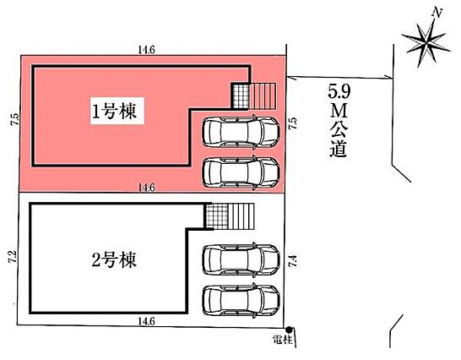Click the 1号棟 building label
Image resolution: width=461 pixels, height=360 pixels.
click(x=114, y=112)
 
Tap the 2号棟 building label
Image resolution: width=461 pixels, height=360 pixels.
click(x=114, y=260)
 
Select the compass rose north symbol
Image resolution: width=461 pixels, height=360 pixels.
click(x=426, y=41)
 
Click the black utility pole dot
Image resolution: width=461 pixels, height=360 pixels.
click(x=290, y=330)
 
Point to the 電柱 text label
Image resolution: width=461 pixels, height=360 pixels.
click(x=283, y=340)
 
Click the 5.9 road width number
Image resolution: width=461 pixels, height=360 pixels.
click(x=339, y=92)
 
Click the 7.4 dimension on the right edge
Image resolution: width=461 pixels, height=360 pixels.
click(x=293, y=261)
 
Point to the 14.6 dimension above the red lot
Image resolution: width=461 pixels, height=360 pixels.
click(x=146, y=50)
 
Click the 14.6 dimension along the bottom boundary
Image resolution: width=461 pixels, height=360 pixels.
click(x=146, y=321)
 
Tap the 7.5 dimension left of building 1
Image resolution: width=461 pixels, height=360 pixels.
click(x=15, y=119)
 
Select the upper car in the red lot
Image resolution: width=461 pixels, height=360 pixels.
click(x=241, y=132)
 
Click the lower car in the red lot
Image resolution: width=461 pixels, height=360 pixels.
click(x=241, y=172)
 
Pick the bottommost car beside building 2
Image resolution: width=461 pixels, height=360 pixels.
click(x=241, y=301)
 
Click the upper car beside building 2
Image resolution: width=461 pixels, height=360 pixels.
click(x=241, y=259)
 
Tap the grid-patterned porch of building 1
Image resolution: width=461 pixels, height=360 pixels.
click(x=240, y=96)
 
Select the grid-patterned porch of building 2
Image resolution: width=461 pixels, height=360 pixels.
click(x=217, y=216)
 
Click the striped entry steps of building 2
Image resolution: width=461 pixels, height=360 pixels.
click(x=241, y=216)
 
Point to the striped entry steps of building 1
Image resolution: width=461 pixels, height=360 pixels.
click(x=263, y=96)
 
